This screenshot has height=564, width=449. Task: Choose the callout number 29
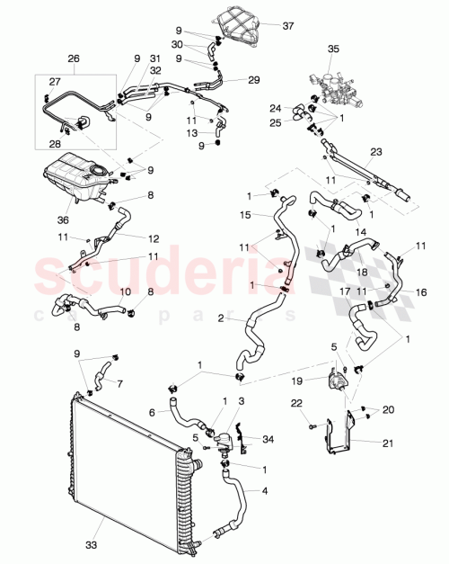(254, 80)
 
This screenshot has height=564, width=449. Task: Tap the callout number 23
(375, 152)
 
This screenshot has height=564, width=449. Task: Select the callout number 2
(220, 318)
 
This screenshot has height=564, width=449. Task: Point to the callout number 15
(244, 214)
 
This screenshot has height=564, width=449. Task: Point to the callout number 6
(152, 412)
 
